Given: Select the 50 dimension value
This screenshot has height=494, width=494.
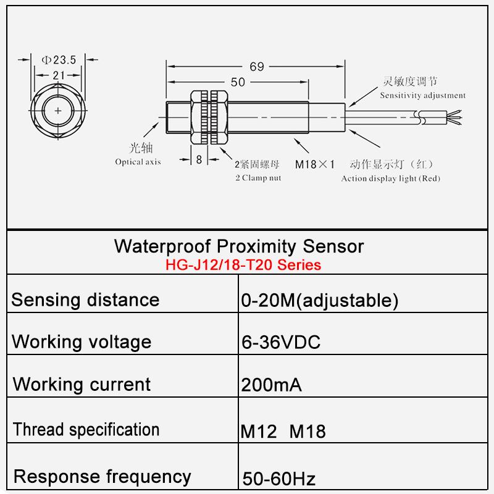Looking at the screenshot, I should click(x=238, y=82).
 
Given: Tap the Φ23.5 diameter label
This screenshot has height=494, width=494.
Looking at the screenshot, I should click(x=58, y=60).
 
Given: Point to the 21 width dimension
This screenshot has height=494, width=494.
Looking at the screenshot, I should click(x=59, y=75).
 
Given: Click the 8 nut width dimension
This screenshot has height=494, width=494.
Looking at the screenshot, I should click(x=199, y=159).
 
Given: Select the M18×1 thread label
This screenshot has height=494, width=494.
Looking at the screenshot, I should click(x=314, y=165).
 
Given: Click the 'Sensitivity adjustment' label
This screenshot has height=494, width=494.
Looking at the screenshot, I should click(x=422, y=96).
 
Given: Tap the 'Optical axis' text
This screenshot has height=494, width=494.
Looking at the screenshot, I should click(x=138, y=162).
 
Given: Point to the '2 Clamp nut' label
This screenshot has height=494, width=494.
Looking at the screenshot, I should click(x=257, y=178).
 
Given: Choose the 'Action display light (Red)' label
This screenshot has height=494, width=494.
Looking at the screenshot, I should click(x=390, y=178).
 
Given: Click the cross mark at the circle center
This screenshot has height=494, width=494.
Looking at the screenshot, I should click(x=58, y=111).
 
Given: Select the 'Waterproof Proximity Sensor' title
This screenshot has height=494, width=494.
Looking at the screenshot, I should click(x=239, y=246).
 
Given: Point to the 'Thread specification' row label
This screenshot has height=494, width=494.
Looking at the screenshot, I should click(x=86, y=429).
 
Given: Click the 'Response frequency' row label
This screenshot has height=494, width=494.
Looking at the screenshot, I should click(x=102, y=476).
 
